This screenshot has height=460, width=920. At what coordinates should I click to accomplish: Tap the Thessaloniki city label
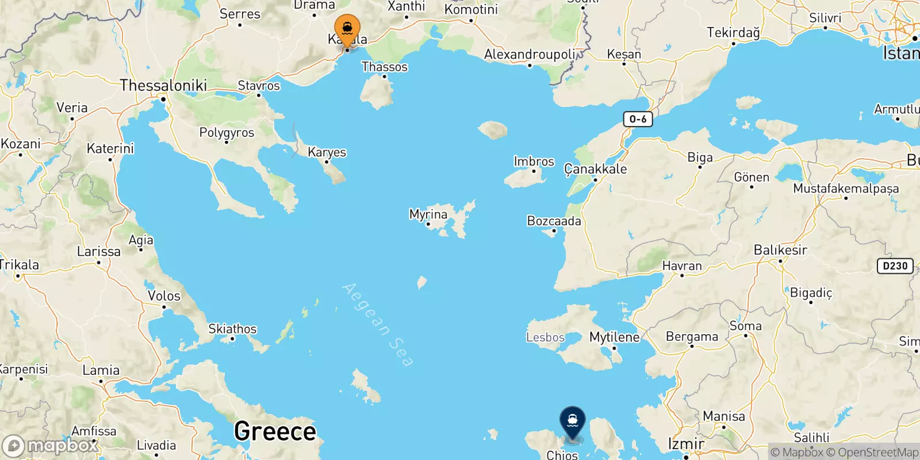[163, 86]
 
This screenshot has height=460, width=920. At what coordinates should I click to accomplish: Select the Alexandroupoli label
[530, 55]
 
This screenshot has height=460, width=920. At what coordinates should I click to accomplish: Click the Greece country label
[275, 431]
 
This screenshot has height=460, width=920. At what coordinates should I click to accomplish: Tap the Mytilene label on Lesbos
[614, 337]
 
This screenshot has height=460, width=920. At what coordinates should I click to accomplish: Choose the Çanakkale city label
[595, 169]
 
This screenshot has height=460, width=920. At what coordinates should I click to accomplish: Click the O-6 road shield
[638, 119]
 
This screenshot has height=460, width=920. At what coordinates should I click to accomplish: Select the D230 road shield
[895, 266]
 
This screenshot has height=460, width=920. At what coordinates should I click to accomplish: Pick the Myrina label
[428, 214]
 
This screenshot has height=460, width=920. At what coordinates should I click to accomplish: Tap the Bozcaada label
[554, 221]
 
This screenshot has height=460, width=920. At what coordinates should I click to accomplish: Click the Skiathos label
[232, 329]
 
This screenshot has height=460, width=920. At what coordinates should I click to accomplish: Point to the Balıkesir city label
[780, 250]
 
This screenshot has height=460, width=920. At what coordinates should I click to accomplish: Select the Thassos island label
[384, 67]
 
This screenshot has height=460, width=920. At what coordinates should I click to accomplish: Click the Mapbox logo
[50, 446]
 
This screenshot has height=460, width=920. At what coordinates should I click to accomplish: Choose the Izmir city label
[686, 444]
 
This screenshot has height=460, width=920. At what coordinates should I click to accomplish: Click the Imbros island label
[534, 162]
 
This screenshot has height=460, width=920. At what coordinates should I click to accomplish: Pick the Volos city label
[164, 296]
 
